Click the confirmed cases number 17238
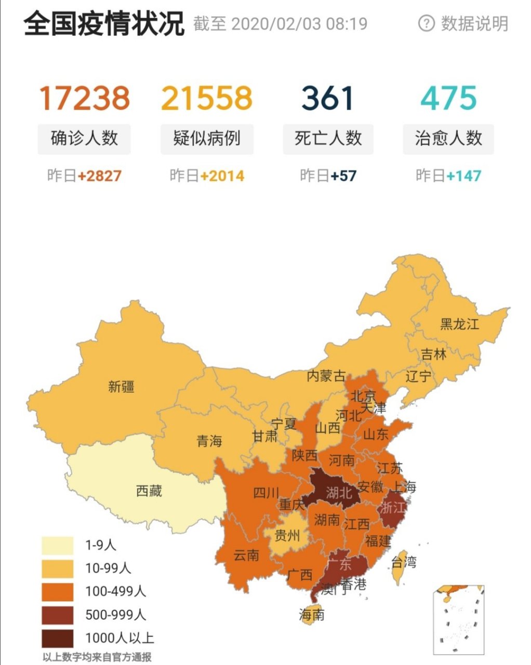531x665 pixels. [x=84, y=98]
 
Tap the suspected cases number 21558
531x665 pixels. [x=207, y=98]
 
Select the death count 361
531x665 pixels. [x=328, y=98]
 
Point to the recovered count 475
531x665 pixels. [x=449, y=98]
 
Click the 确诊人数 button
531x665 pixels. [x=84, y=139]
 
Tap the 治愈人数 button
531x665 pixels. [x=448, y=139]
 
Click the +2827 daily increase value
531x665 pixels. [x=99, y=176]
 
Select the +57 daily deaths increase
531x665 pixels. [x=343, y=176]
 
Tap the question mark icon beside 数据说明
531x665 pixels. [x=426, y=23]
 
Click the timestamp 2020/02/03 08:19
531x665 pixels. [x=299, y=24]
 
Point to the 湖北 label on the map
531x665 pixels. [x=339, y=492]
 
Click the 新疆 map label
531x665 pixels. [x=121, y=386]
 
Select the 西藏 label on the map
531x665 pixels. [x=149, y=490]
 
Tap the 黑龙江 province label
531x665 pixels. [x=459, y=324]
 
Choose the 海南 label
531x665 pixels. [x=312, y=615]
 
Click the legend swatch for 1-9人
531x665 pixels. [x=58, y=546]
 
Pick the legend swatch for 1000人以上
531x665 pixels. [x=58, y=638]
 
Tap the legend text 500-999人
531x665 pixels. [x=115, y=615]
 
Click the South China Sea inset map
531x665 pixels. [x=459, y=618]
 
